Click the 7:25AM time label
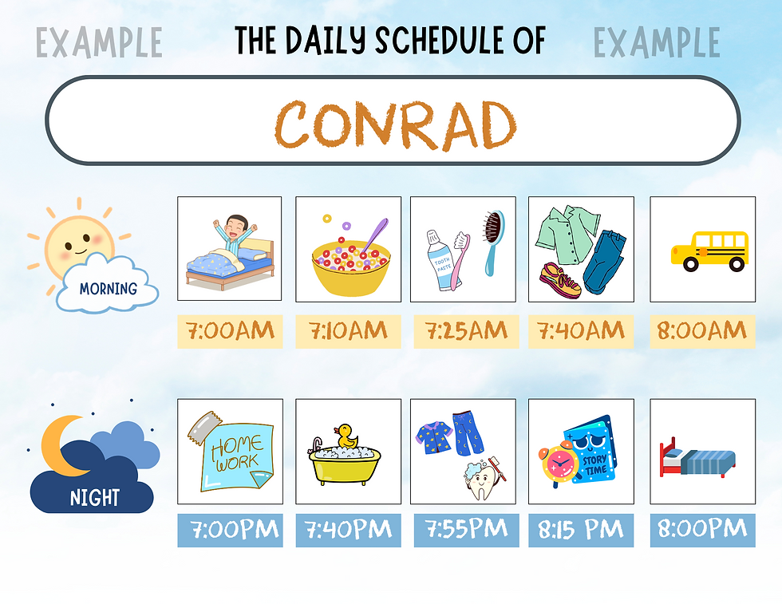coord(466,330)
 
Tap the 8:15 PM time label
coord(581,530)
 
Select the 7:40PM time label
coord(348,530)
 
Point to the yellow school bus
coord(709,251)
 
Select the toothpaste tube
coord(440,260)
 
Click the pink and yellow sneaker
coord(560,280)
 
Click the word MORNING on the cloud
coord(109,289)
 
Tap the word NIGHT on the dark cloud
coord(95,498)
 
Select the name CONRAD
coord(396,124)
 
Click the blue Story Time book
coord(592,449)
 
